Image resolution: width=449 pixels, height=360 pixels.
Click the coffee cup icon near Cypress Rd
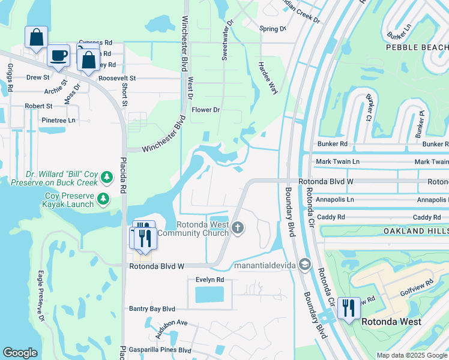coord(58,56)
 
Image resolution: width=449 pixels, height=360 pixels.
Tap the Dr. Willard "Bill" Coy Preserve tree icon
coord(106,177)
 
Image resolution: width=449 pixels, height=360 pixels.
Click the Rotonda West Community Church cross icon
coord(238,227)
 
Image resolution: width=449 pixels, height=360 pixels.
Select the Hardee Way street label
coord(268,77)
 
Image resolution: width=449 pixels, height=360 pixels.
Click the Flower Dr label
coord(206,110)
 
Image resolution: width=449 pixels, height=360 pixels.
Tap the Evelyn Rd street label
coord(209,280)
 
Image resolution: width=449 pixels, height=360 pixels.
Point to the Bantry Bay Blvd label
coord(152,308)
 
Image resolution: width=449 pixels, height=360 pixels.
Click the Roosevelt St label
coord(118,78)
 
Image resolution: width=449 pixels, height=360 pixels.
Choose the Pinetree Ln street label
coord(58,120)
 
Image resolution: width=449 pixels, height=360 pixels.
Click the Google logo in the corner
coord(20,353)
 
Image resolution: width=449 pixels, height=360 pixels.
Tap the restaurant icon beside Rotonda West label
coord(349,308)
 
